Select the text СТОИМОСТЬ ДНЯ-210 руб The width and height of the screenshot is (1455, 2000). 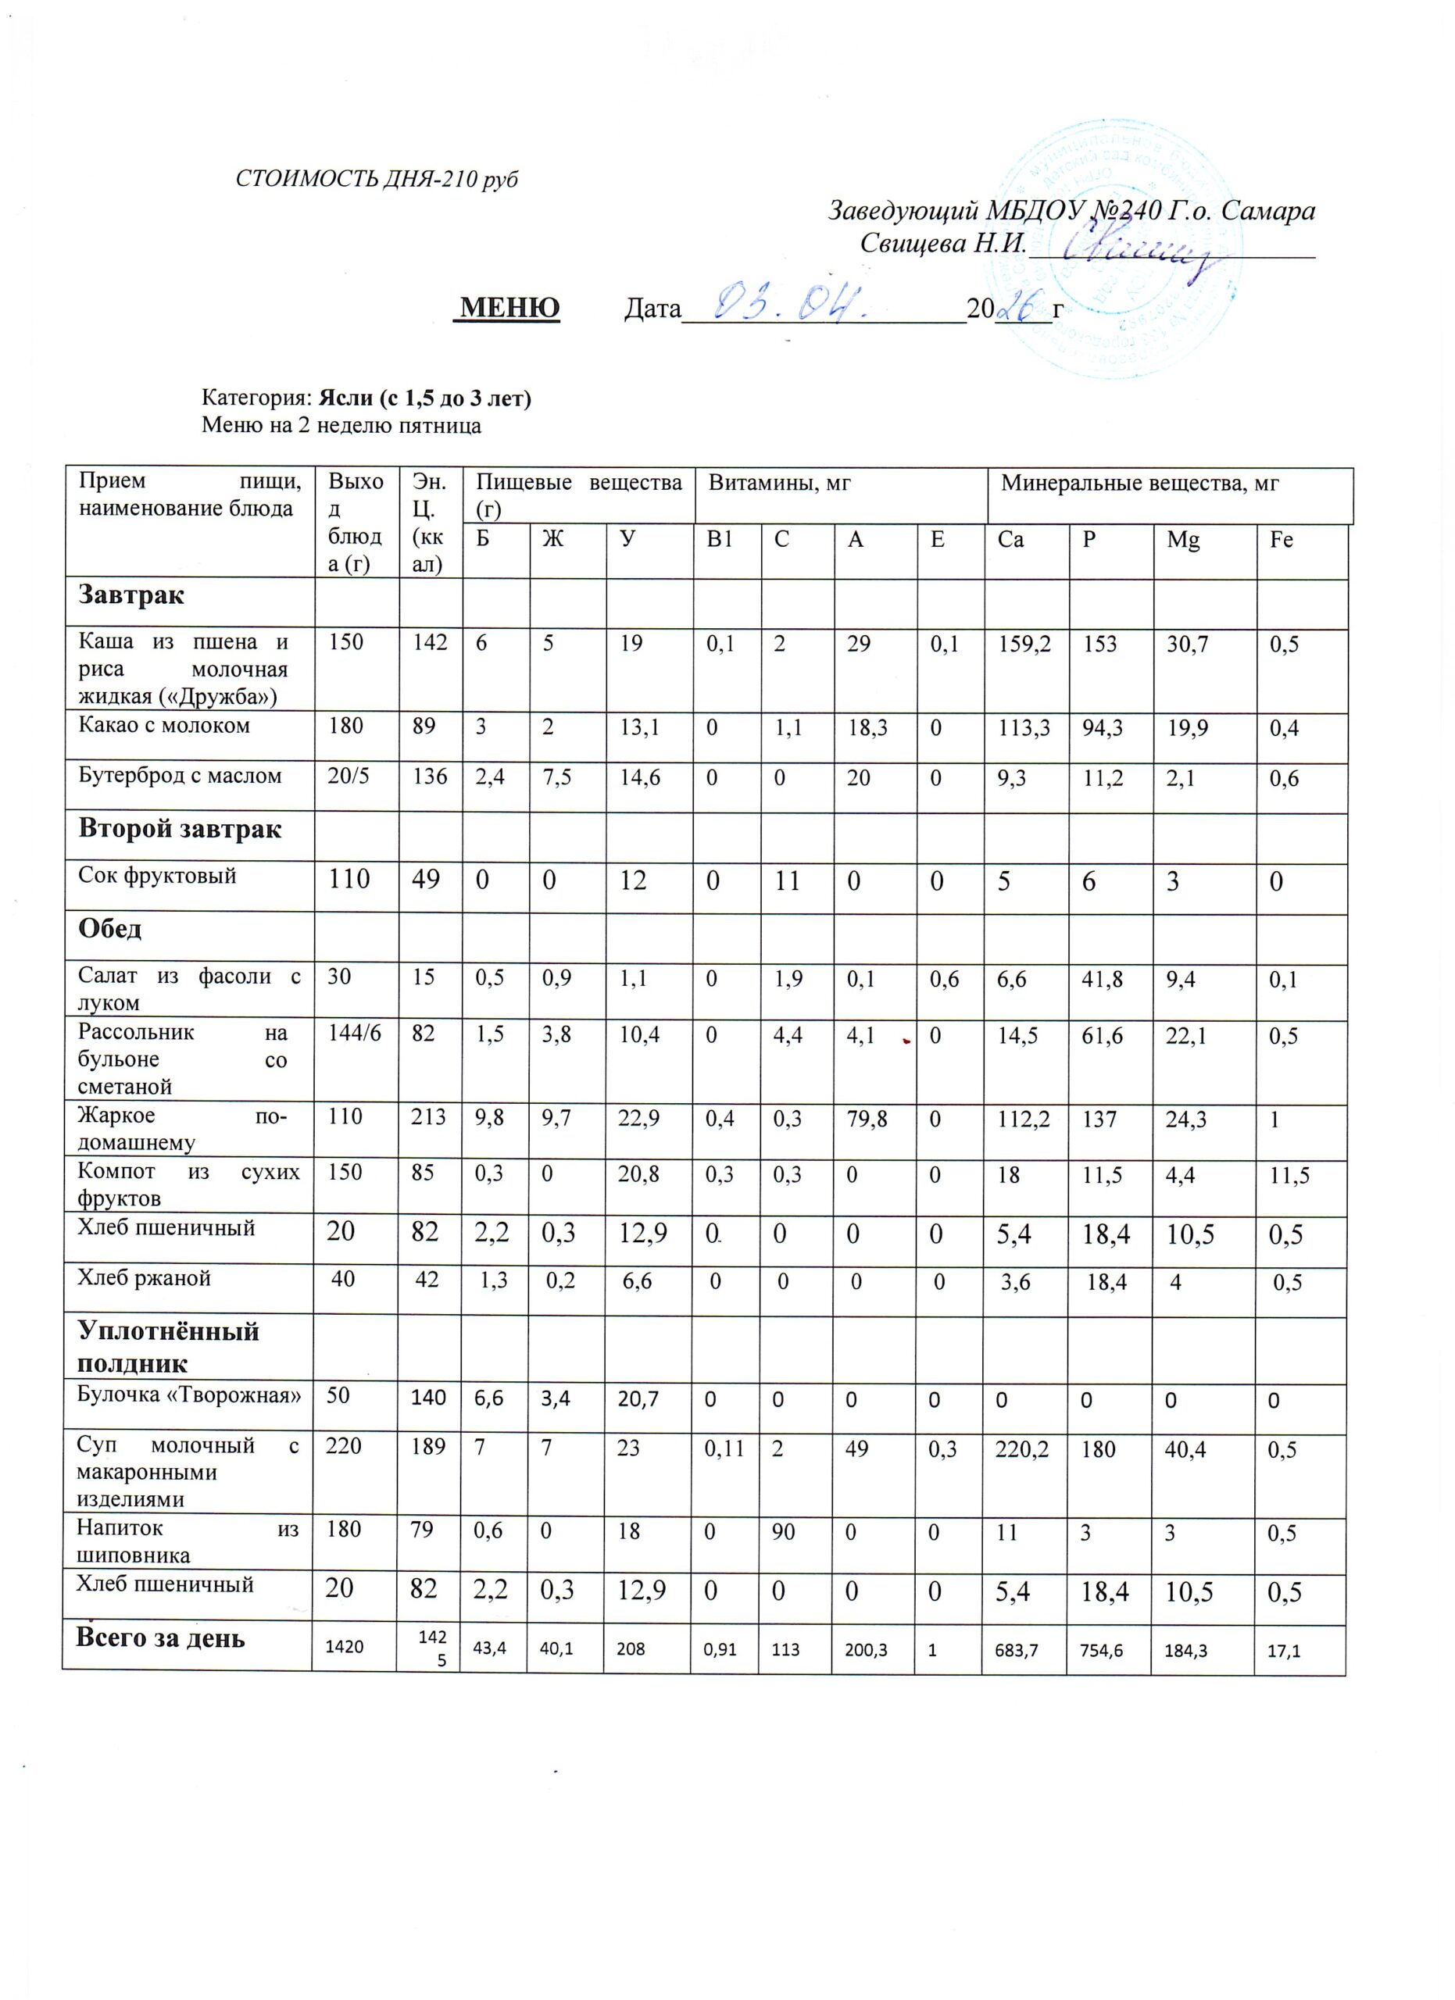377,179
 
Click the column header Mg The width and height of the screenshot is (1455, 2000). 1182,541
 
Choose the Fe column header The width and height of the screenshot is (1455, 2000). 1282,541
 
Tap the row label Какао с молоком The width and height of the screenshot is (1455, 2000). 164,726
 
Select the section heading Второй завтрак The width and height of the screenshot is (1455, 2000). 180,829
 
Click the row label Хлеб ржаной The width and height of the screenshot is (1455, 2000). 145,1279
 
